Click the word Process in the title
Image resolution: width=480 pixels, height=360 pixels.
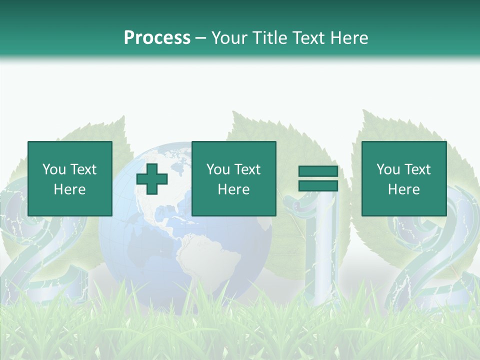coord(157,38)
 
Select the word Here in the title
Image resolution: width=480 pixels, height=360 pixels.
coord(348,38)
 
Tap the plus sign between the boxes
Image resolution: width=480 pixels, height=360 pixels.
coord(152,179)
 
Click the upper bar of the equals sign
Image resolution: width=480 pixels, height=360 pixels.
coord(318,171)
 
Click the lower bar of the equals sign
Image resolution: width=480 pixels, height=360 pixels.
coord(318,186)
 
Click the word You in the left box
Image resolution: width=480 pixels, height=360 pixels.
coord(54,169)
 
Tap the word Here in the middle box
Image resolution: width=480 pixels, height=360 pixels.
coord(234,189)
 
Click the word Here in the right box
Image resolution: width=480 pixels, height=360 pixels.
coord(404,189)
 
